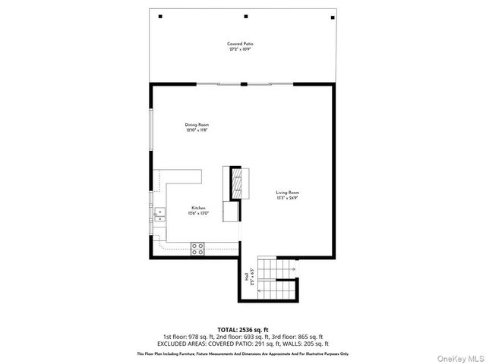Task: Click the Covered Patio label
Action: [240, 44]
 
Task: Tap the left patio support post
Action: [160, 16]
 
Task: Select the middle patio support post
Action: [245, 16]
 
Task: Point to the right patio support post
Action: [331, 16]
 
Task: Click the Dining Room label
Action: [197, 124]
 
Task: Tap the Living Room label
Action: [288, 193]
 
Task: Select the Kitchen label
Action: [199, 208]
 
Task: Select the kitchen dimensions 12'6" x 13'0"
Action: [199, 214]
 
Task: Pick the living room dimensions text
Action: [288, 199]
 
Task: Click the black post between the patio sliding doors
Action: [243, 84]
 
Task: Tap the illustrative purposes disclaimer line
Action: [242, 353]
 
